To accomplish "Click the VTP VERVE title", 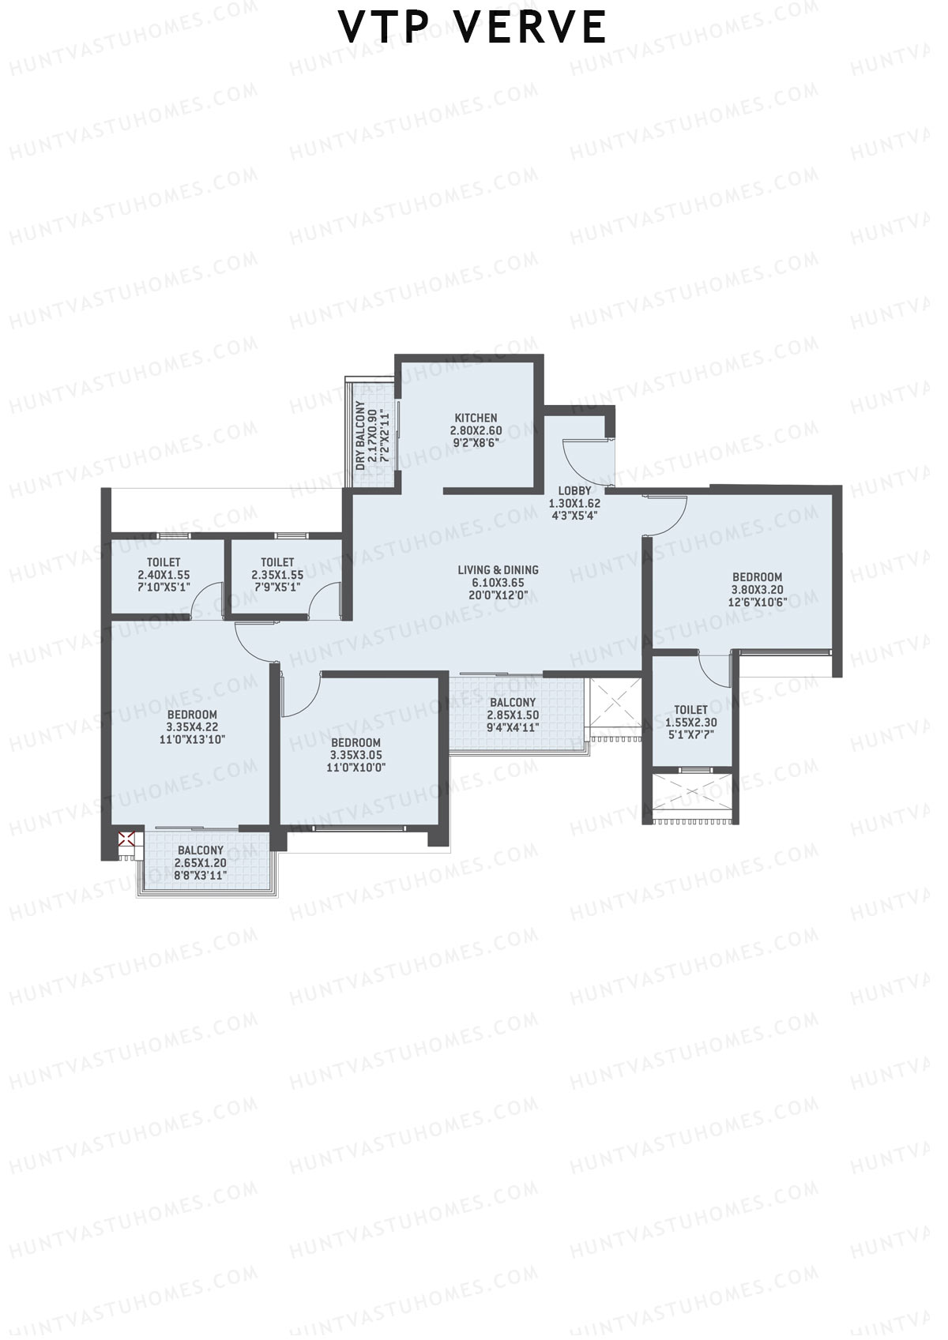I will coord(472,28).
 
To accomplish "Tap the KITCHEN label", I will coord(476,418).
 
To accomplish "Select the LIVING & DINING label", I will coord(498,569).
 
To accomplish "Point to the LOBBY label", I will coord(574,490).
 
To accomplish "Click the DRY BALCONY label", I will coord(361,436).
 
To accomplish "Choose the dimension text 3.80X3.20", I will coord(756,589).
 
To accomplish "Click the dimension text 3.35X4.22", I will coord(192,727).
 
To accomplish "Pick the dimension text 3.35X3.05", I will coord(355,755).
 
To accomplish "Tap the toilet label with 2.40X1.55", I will coord(164,562).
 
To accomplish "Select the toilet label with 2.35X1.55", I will coord(277,562).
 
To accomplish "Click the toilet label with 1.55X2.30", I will coord(690,710).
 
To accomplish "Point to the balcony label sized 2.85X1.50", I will coord(512,702).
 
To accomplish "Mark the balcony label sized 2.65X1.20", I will coord(200,850).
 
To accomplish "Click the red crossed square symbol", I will coord(125,839).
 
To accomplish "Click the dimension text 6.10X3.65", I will coord(498,582).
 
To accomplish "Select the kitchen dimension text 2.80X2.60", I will coord(476,430).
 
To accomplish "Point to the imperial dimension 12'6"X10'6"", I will coord(757,602).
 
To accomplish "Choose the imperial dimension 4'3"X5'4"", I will coord(574,516).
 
